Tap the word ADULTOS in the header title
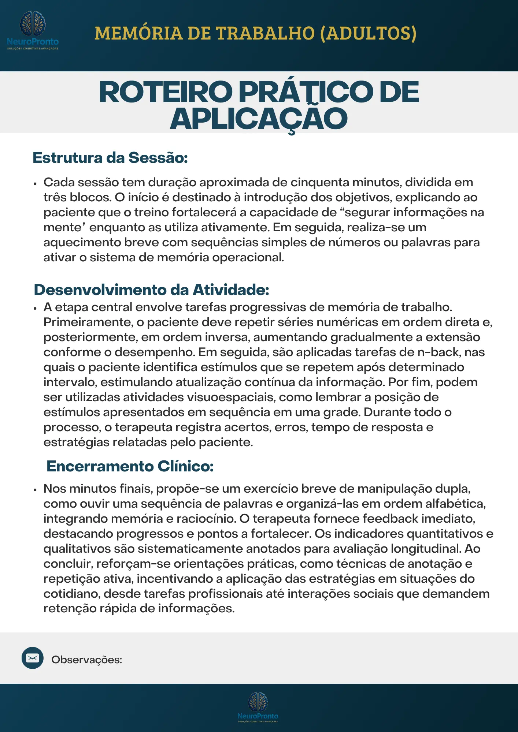[x=368, y=33]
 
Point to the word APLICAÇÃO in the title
[x=259, y=119]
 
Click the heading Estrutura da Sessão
[x=110, y=158]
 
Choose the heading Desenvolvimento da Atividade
[x=151, y=290]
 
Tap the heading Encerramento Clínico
[x=130, y=466]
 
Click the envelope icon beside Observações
[x=33, y=658]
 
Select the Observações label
[x=86, y=660]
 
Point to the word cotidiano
[x=71, y=594]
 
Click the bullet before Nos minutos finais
[x=35, y=490]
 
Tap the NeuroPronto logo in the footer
[x=258, y=706]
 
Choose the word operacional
[x=248, y=257]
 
